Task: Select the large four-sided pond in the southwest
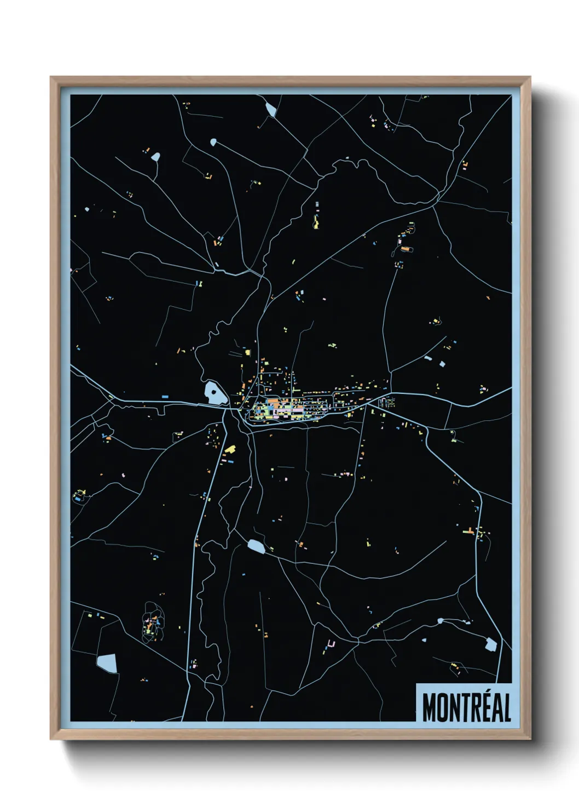pos(108,663)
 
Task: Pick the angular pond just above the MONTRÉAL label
pos(490,644)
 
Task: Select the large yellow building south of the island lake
pos(230,449)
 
